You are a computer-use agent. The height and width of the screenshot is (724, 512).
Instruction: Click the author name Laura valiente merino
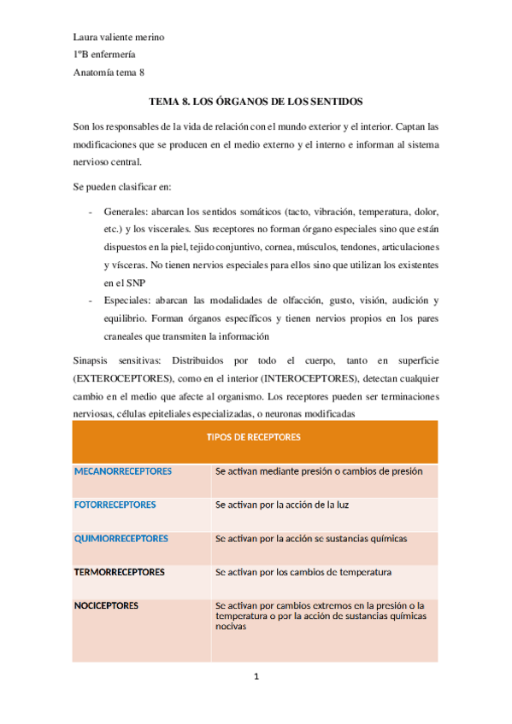click(119, 38)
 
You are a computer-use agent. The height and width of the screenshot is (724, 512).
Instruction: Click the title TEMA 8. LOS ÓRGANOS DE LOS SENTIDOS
click(256, 100)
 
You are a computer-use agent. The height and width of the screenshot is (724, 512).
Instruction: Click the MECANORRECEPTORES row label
click(123, 471)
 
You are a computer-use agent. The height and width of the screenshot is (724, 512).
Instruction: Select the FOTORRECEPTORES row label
click(115, 505)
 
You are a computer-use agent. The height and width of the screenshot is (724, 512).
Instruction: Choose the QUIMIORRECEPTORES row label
click(121, 539)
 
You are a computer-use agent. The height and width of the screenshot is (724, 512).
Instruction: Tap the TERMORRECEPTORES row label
click(120, 571)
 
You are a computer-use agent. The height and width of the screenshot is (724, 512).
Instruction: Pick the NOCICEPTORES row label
click(107, 605)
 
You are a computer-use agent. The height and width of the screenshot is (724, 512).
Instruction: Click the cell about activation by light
click(282, 505)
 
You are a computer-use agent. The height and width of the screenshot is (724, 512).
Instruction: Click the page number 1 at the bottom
click(256, 678)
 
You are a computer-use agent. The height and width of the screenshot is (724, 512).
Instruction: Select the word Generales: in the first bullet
click(126, 210)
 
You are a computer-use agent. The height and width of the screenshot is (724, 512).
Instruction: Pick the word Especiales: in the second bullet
click(127, 300)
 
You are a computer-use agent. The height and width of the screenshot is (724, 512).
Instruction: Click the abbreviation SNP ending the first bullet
click(138, 282)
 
